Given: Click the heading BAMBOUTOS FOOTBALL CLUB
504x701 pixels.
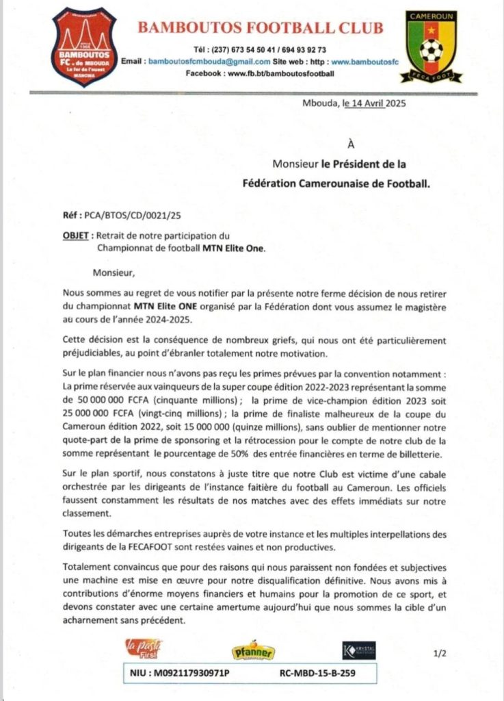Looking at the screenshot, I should (261, 28).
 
